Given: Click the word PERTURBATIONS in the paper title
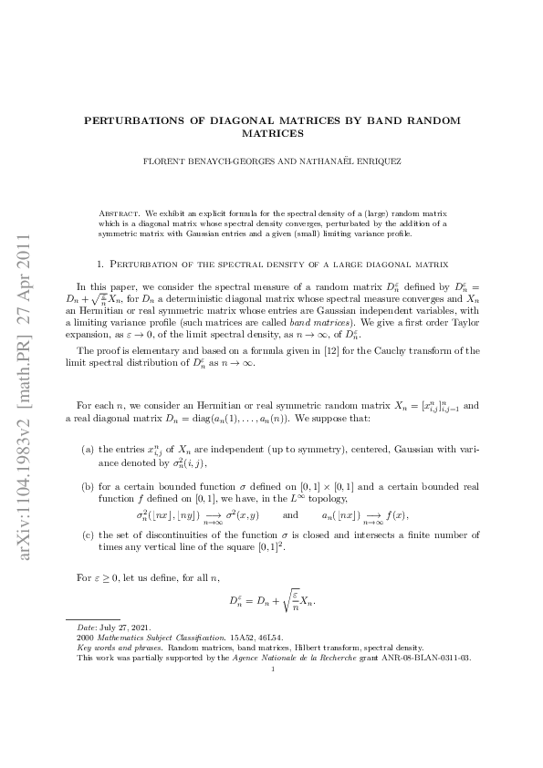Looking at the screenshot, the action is click(x=127, y=120).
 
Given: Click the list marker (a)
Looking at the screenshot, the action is click(x=87, y=450).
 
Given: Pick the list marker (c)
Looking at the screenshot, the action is click(x=87, y=535).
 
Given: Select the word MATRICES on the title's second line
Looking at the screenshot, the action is click(x=272, y=133).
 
